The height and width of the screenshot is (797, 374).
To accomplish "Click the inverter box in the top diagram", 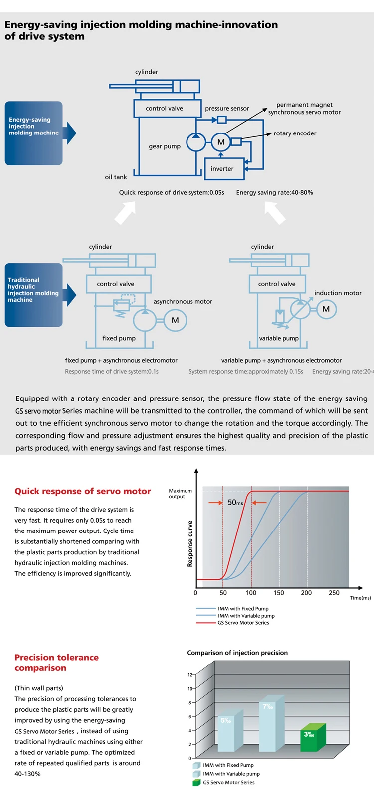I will tap(222, 169).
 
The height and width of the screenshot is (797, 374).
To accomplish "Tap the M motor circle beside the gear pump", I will tap(220, 142).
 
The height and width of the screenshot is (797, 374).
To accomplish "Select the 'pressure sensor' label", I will tap(227, 108).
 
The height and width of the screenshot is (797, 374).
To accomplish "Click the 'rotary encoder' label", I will tap(295, 133).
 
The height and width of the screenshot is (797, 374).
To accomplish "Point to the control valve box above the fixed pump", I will tap(116, 284).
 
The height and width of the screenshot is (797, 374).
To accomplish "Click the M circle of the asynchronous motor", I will tap(175, 320).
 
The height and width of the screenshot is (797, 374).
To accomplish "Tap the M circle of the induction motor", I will tap(326, 309).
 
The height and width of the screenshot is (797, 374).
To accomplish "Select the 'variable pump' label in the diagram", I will tap(279, 338).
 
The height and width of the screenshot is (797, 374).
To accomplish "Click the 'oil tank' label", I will tap(116, 177).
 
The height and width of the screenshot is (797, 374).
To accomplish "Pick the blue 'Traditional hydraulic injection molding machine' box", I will tap(34, 294).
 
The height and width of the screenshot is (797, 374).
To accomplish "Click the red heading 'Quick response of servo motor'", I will tap(83, 491).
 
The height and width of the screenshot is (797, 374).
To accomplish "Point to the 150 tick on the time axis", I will tap(279, 593).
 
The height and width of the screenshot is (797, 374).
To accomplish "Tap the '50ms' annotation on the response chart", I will tap(235, 502).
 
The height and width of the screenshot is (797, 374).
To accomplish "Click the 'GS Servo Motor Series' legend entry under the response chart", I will tap(243, 623).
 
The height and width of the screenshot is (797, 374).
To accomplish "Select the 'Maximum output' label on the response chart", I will tap(180, 494).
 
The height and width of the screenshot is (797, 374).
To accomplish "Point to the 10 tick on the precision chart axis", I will tap(190, 689).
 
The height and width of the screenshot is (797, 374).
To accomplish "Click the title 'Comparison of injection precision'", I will tap(237, 653).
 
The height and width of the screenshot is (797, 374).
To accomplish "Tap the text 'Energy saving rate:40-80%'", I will tap(275, 192).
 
